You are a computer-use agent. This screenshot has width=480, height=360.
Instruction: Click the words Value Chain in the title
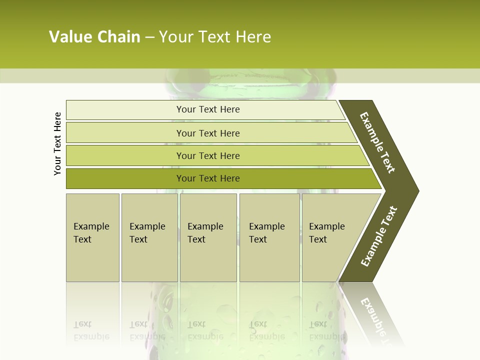pos(94,36)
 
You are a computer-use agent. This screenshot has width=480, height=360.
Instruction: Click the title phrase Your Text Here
pos(215,36)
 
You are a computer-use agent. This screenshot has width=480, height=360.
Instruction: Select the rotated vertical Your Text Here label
pos(57,144)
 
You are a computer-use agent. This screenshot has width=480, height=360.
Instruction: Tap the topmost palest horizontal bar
pos(125,110)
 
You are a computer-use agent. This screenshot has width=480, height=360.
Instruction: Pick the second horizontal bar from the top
pos(125,132)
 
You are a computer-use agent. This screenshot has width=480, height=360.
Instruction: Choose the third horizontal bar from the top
pos(125,155)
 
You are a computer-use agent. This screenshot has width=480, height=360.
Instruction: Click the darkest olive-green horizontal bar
pos(125,178)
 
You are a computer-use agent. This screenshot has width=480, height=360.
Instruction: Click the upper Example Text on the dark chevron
pos(377,142)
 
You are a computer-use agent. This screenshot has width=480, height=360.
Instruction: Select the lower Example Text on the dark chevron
pos(379,236)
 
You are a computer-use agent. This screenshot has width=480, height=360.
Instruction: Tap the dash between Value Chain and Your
pos(149,37)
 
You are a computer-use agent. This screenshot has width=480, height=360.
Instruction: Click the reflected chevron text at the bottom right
pos(375,315)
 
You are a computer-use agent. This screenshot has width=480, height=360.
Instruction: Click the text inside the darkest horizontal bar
pos(208,178)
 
